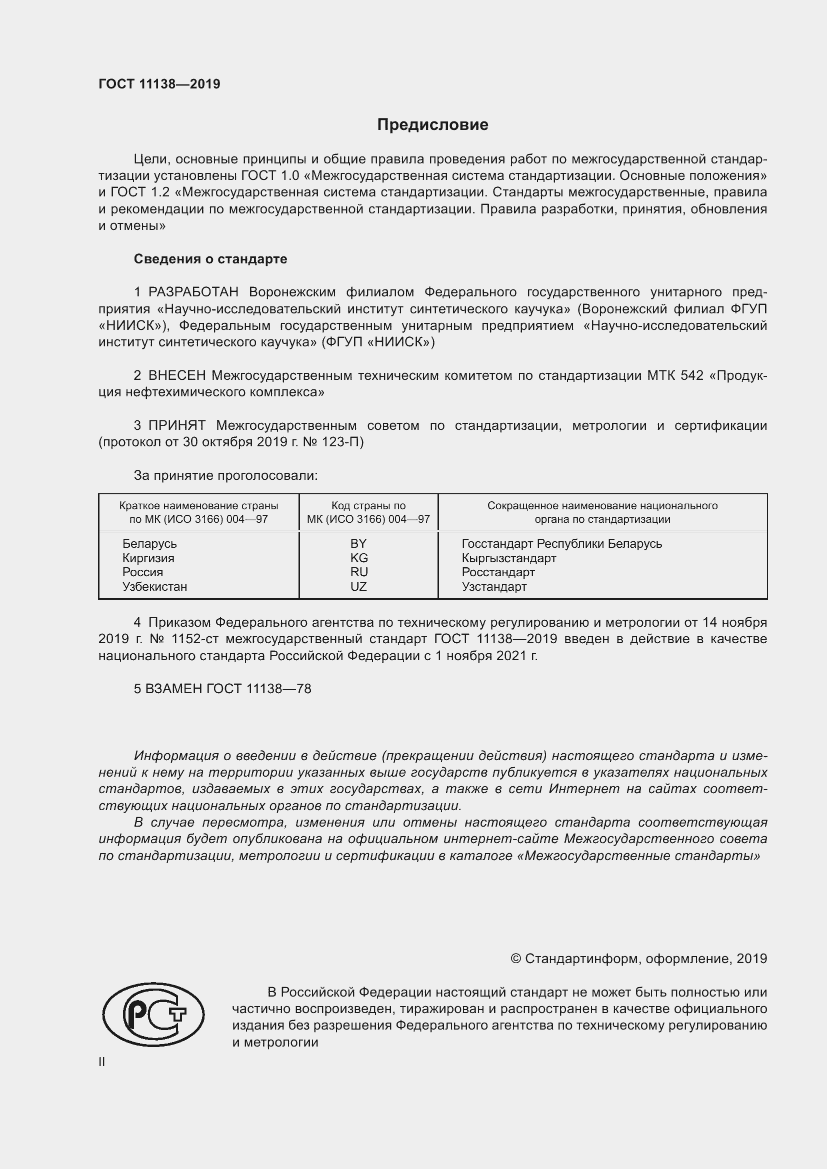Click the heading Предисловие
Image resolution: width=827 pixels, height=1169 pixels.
[x=432, y=125]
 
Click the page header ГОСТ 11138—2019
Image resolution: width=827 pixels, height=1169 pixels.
[x=159, y=84]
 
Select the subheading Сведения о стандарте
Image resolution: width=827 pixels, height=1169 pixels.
[x=210, y=259]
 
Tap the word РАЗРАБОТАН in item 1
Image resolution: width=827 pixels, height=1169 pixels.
[x=193, y=292]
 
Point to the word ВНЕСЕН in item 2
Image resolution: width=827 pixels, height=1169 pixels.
[x=177, y=376]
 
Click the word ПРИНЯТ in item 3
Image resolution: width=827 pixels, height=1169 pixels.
[x=177, y=426]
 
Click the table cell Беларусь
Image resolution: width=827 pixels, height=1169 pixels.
[x=149, y=544]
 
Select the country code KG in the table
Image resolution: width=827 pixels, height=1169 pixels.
[x=359, y=558]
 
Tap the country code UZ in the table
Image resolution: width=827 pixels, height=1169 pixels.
[x=358, y=587]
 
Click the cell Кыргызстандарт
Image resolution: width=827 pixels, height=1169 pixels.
[x=508, y=558]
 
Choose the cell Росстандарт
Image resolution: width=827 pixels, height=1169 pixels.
[x=498, y=572]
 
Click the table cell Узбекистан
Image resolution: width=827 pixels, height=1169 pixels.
[x=154, y=587]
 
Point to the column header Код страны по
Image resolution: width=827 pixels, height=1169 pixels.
[x=368, y=506]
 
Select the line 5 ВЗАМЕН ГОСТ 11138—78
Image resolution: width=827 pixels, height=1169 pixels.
[x=222, y=689]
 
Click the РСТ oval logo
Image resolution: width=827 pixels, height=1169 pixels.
[x=153, y=1015]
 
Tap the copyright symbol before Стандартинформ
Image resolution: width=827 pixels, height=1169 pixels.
[x=515, y=959]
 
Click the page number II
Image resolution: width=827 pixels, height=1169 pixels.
[x=102, y=1062]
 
